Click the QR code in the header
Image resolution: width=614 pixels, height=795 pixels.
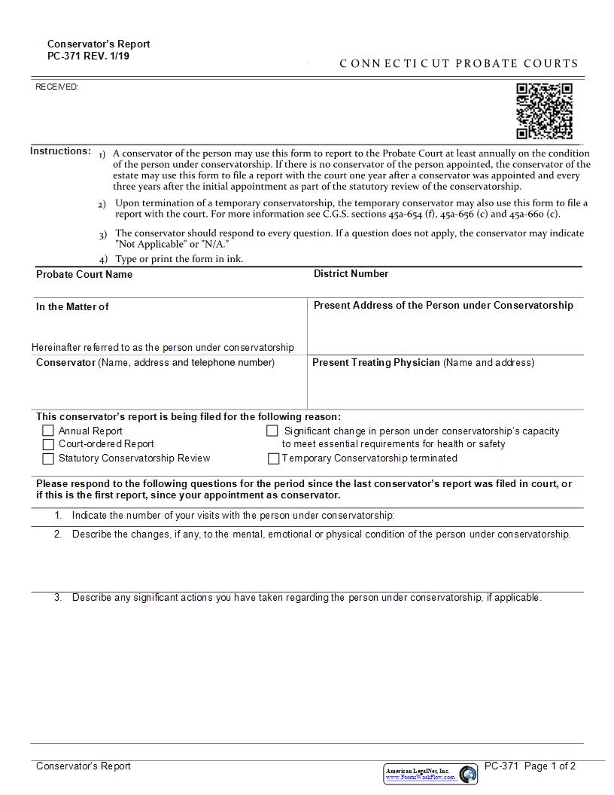pyautogui.click(x=544, y=111)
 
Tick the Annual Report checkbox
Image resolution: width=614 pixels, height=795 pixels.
pyautogui.click(x=48, y=431)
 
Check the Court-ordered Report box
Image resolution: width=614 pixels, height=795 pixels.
pyautogui.click(x=48, y=444)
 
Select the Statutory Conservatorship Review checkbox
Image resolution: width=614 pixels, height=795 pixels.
pyautogui.click(x=48, y=458)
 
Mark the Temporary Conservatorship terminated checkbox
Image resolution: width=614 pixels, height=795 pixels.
pyautogui.click(x=274, y=458)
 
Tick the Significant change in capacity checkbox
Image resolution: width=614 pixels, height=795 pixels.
pyautogui.click(x=272, y=431)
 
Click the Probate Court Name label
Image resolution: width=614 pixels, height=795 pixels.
pyautogui.click(x=84, y=275)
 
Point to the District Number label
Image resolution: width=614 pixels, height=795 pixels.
pyautogui.click(x=351, y=274)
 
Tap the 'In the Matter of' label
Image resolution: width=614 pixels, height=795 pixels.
pyautogui.click(x=72, y=307)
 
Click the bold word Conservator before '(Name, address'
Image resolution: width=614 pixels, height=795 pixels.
pyautogui.click(x=65, y=363)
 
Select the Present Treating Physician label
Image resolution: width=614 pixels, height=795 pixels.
pyautogui.click(x=376, y=363)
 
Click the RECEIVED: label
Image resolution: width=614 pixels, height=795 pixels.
pyautogui.click(x=57, y=87)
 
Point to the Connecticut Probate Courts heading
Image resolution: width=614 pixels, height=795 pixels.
pyautogui.click(x=459, y=64)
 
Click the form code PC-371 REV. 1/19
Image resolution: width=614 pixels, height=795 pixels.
pyautogui.click(x=88, y=56)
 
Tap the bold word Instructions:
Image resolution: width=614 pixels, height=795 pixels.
pyautogui.click(x=61, y=151)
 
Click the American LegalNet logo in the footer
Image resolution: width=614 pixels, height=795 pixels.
pyautogui.click(x=430, y=773)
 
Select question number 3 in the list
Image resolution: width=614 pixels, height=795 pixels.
pyautogui.click(x=58, y=598)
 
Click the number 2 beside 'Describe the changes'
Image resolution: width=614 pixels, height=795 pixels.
pyautogui.click(x=58, y=535)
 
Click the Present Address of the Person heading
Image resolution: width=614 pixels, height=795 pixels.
pyautogui.click(x=443, y=306)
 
